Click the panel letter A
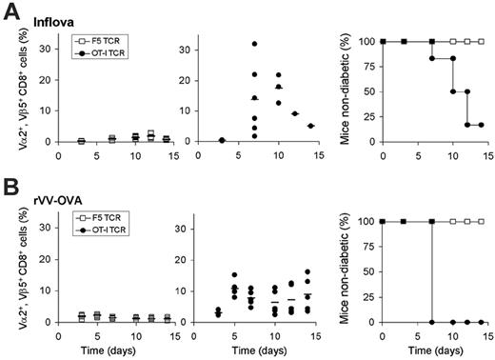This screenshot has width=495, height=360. [x=10, y=10]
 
